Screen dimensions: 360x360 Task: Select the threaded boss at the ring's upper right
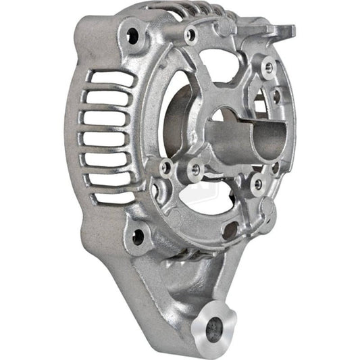(268, 67)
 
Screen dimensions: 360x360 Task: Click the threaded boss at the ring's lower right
(257, 183)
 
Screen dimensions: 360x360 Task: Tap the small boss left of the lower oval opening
(165, 167)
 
